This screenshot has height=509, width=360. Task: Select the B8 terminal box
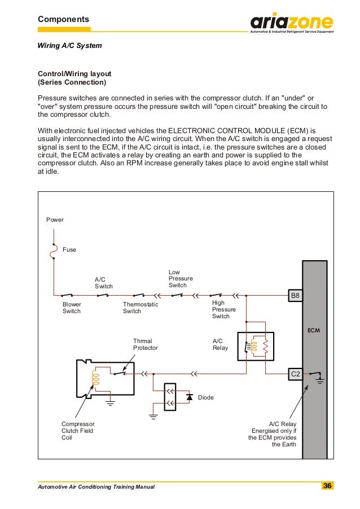coord(295,295)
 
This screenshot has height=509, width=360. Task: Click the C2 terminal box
coord(295,373)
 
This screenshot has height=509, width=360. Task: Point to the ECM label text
coord(314,330)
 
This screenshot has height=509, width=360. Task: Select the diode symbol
coord(190,397)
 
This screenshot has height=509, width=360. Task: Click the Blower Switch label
coord(72,308)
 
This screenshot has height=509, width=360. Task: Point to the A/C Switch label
coord(103,283)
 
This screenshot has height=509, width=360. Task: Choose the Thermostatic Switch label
coord(141,308)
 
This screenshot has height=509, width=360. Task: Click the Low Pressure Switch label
coord(181,279)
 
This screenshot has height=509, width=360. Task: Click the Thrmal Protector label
coord(145,344)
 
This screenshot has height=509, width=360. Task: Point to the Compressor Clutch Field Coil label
coord(77,431)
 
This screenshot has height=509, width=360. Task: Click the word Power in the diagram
coord(55,220)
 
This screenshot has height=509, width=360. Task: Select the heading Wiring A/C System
coord(69,45)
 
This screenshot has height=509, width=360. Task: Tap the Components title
coord(63,20)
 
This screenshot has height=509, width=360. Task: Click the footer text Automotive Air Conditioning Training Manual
coord(95,486)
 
